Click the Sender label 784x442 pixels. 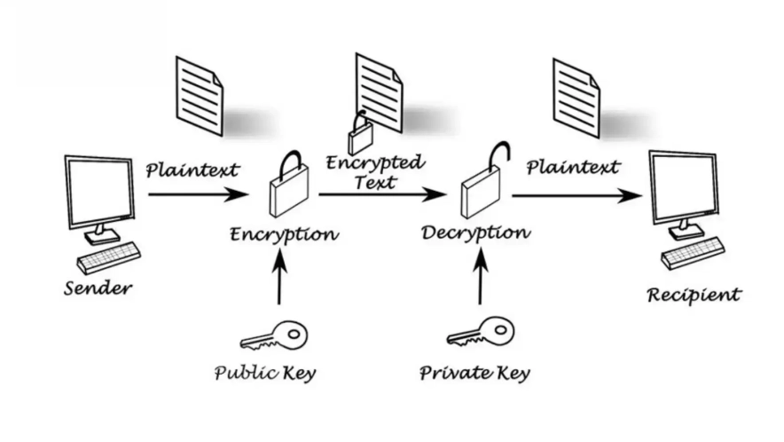(98, 288)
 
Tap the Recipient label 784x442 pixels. (694, 295)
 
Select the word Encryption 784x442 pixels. (284, 235)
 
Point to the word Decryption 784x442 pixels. (475, 233)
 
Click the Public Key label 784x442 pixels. (265, 372)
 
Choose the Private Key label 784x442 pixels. (474, 372)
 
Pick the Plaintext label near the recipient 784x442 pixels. (573, 167)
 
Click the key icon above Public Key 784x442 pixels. (274, 336)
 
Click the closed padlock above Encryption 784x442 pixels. (289, 185)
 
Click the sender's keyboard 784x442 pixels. (109, 257)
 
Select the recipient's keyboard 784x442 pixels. (693, 253)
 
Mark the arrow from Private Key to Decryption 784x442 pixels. (481, 278)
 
